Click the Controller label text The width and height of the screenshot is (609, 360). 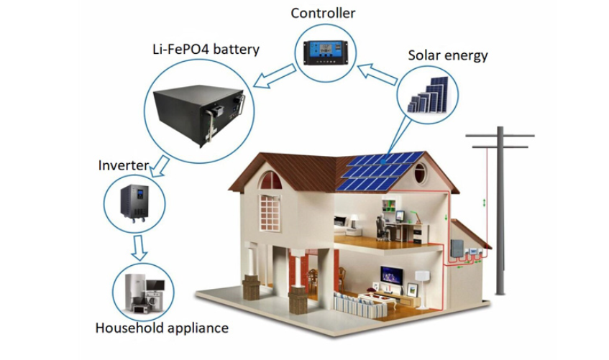323,13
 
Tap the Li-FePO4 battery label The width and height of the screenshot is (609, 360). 206,50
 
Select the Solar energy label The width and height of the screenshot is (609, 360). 447,55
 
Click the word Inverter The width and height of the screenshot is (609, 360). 124,165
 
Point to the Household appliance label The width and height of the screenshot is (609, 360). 162,328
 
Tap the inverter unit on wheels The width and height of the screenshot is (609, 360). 134,203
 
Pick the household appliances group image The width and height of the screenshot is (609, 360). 144,292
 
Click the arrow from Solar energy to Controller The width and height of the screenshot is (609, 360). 377,74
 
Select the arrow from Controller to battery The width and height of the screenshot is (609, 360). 275,76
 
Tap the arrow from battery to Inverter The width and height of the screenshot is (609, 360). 160,167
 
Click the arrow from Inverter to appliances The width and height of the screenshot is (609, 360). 139,247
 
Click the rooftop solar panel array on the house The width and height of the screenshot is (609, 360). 380,171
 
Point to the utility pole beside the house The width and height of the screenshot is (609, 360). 500,210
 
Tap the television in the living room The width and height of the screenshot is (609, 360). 391,275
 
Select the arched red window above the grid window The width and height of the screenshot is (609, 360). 271,180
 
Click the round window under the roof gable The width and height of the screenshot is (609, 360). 420,173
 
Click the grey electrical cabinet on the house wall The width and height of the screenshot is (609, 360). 457,249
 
